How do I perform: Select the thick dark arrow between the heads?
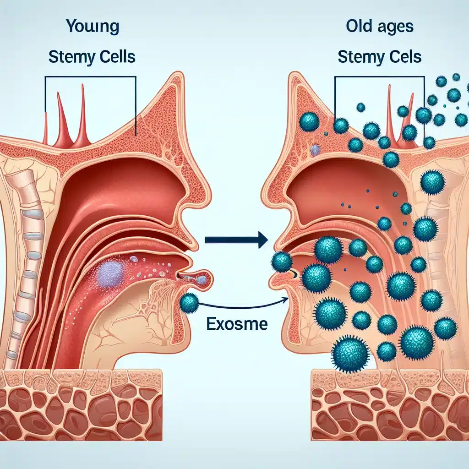(236, 239)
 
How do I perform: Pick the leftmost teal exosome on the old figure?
(281, 262)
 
